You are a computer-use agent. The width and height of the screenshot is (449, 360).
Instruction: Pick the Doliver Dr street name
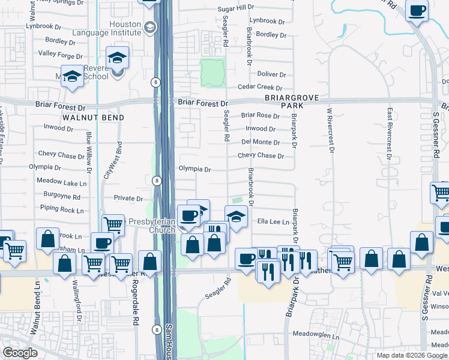click(x=271, y=74)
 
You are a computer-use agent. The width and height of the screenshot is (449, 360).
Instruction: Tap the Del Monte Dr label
click(x=261, y=142)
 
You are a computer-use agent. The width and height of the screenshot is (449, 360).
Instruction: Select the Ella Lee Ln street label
click(x=273, y=222)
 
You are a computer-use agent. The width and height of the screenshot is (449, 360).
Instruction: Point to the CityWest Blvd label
click(x=109, y=160)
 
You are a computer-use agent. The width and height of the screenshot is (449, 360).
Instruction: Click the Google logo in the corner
click(x=20, y=353)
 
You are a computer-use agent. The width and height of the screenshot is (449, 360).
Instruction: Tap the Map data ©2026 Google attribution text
click(x=412, y=355)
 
